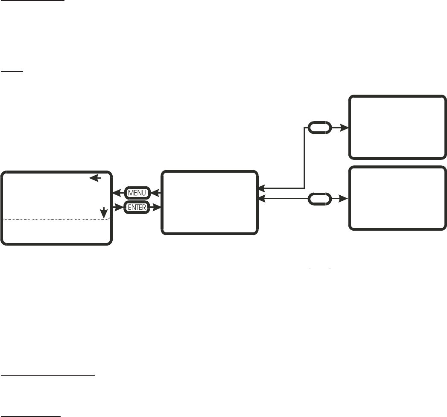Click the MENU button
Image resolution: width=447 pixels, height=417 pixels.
tap(137, 193)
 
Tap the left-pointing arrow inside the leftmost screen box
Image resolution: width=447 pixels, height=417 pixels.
tap(95, 179)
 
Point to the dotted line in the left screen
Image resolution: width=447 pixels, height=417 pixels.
tap(56, 219)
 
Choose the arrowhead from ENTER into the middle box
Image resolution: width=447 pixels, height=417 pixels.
tap(158, 208)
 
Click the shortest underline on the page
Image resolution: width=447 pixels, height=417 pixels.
tap(9, 72)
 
